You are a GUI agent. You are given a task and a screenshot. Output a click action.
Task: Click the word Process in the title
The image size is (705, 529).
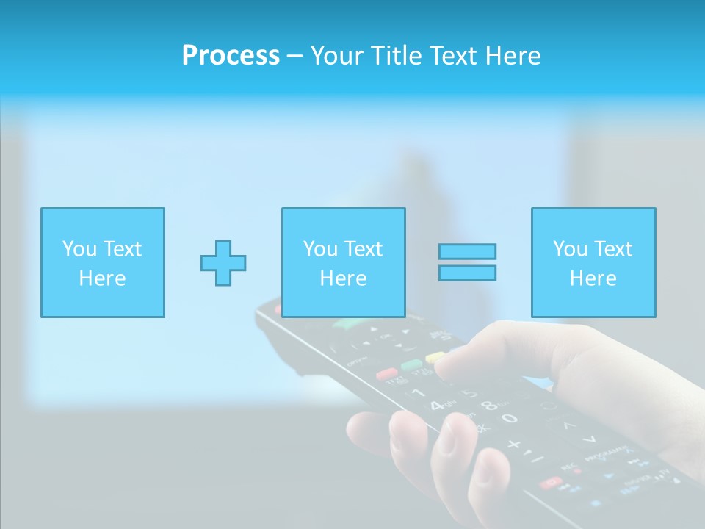coord(231,56)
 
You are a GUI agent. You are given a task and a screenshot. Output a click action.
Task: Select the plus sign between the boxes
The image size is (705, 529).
coord(223,262)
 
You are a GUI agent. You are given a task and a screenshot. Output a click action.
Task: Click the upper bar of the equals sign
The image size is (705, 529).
coord(467,251)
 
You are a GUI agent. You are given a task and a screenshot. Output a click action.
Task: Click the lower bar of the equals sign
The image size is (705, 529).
coord(467,273)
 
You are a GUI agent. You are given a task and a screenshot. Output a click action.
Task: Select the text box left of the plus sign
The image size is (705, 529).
coord(102,262)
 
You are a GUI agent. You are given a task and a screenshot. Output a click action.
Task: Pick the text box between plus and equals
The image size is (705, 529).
coord(343,262)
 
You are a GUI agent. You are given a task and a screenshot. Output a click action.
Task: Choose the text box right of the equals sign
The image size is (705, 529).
coord(593,262)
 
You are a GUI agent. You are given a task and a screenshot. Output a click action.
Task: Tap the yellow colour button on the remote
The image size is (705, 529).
coord(435,358)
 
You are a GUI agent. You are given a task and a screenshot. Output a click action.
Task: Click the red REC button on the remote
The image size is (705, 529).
coord(549,482)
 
